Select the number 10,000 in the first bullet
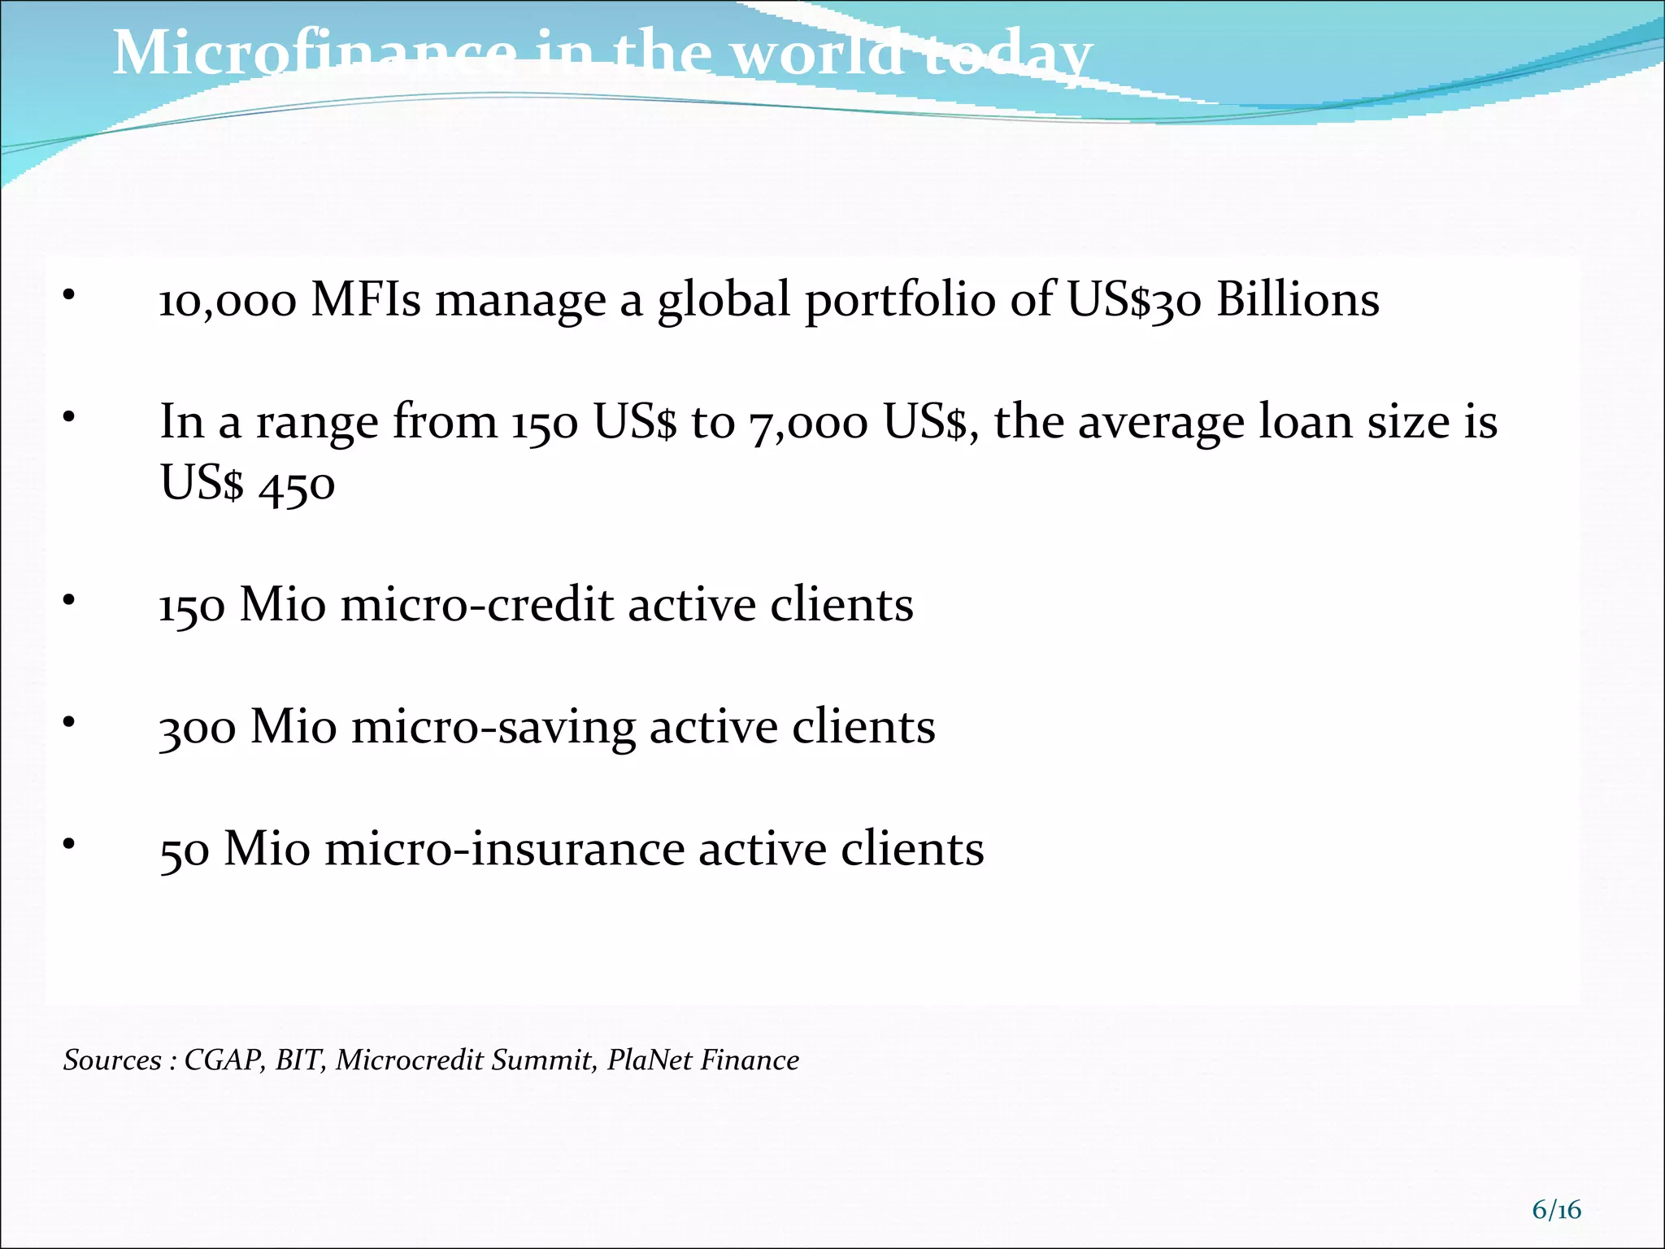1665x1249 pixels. tap(228, 301)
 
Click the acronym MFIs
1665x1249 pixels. tap(366, 299)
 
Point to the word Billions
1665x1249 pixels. tap(1298, 299)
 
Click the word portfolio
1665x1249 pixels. tap(900, 301)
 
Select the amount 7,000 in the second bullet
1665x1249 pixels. tap(808, 424)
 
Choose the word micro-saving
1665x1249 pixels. tap(493, 727)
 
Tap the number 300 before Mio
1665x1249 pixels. tap(198, 728)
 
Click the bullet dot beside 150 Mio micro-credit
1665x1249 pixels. tap(70, 599)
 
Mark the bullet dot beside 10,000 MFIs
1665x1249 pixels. tap(70, 294)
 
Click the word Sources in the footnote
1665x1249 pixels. tap(112, 1060)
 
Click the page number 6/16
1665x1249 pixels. tap(1556, 1210)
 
